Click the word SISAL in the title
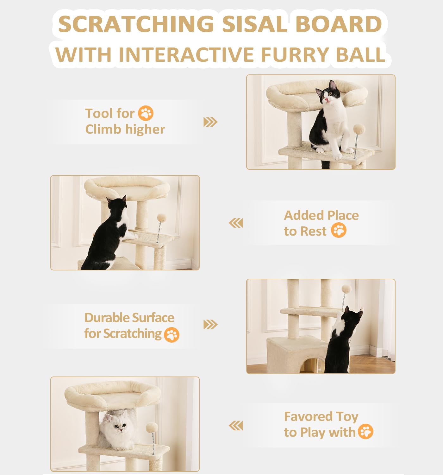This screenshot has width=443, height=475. (255, 24)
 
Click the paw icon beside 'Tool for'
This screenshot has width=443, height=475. (146, 113)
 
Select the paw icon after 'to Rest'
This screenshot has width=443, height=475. (339, 230)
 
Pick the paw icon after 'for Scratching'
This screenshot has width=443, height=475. (172, 335)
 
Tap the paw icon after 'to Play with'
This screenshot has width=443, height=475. (365, 432)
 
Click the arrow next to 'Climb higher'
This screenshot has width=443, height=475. (210, 122)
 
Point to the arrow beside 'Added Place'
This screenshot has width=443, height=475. (236, 223)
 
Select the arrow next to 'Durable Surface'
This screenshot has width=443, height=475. (210, 325)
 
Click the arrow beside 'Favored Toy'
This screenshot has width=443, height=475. (236, 426)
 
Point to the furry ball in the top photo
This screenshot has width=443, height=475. (359, 130)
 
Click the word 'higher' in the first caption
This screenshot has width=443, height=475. (145, 130)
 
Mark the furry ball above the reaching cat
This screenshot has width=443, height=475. (346, 289)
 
